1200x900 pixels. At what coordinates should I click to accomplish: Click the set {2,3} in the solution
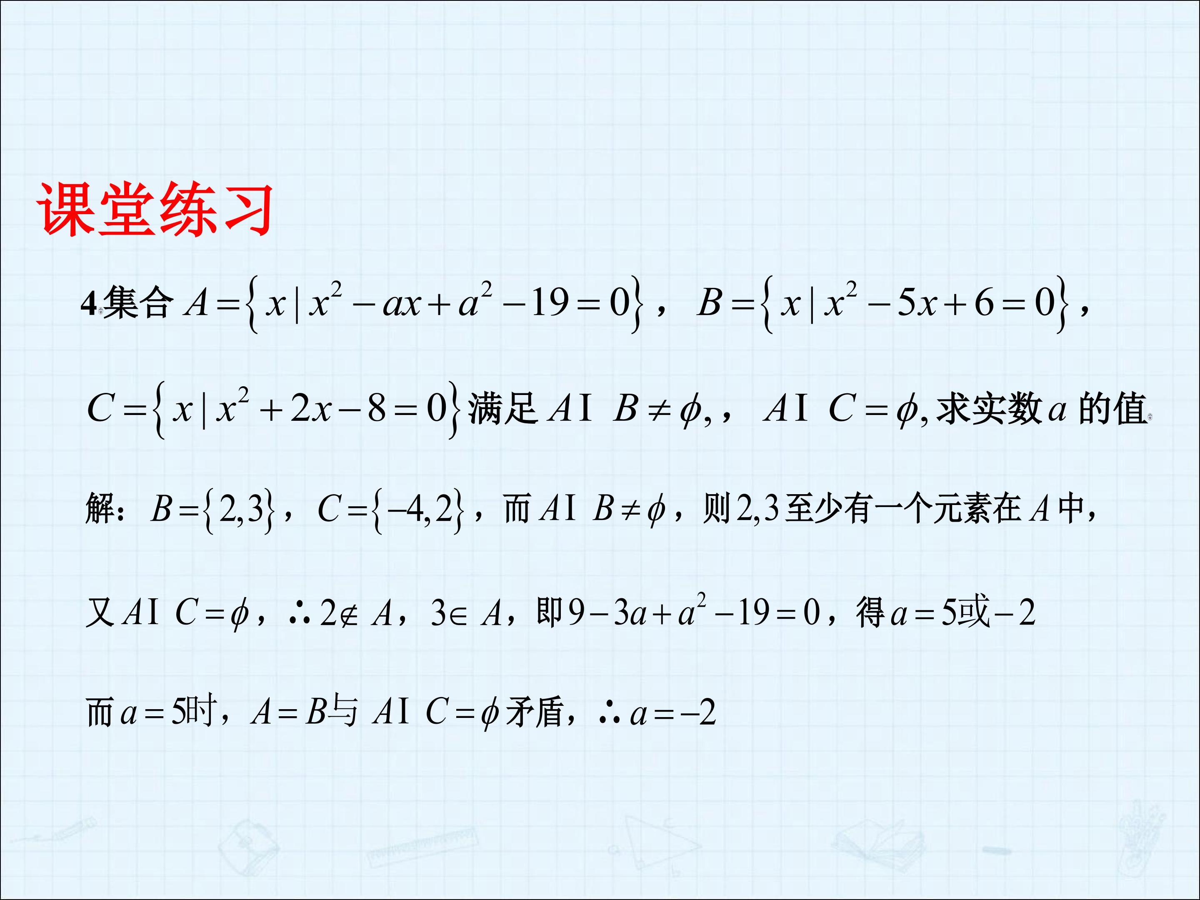point(239,510)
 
